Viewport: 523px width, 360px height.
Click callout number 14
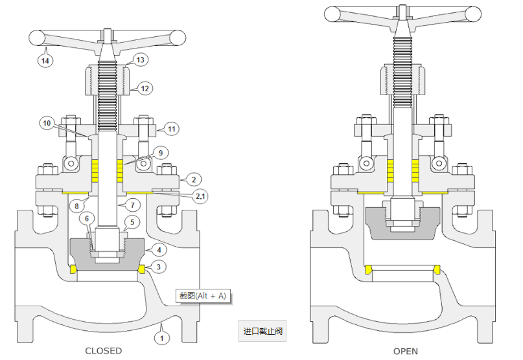coord(45,61)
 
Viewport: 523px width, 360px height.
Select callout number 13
coord(141,60)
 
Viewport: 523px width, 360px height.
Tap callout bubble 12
coord(145,88)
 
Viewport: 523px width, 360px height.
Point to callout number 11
coord(170,128)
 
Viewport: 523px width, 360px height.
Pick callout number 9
coord(161,153)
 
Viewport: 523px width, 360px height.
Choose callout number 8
coord(76,206)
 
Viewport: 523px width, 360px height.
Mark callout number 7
coord(132,205)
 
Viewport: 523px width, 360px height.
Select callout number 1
coord(162,337)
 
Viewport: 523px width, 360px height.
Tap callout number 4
coord(159,249)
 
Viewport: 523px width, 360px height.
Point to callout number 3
coord(159,267)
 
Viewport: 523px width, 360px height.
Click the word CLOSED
coord(103,351)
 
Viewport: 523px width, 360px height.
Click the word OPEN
coord(405,351)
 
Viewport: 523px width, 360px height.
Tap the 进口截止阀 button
coord(262,331)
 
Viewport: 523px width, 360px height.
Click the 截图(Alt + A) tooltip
coord(203,296)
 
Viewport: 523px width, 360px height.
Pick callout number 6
coord(87,219)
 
